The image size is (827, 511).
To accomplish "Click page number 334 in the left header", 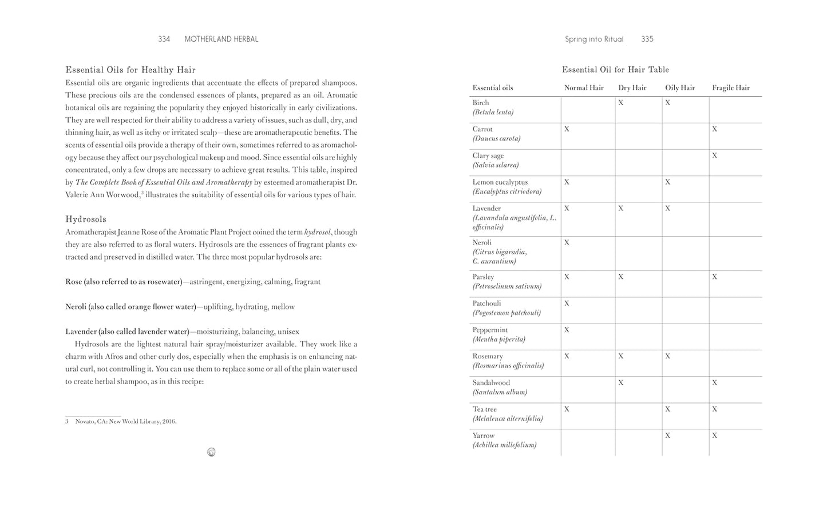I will click(x=164, y=39).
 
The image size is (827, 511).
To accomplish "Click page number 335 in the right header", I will click(x=647, y=39).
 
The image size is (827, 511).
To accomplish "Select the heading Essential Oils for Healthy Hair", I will click(x=130, y=70).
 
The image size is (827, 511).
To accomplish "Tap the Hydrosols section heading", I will click(x=86, y=219).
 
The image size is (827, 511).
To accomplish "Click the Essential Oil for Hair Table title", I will click(x=615, y=70).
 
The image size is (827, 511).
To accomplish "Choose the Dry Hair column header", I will click(x=632, y=88).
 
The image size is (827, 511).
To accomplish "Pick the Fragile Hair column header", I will click(x=731, y=88).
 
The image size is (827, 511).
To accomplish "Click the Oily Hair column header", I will click(x=680, y=88).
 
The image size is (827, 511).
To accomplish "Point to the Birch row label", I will click(x=481, y=103).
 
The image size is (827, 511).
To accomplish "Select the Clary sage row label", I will click(x=488, y=155).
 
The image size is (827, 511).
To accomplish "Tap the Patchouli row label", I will click(x=486, y=304).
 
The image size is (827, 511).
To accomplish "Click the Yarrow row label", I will click(x=484, y=436).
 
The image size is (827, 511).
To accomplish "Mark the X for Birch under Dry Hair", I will click(x=621, y=103).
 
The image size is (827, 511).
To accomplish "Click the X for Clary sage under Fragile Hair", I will click(x=715, y=155).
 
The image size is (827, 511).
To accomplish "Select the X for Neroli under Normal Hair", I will click(x=567, y=243).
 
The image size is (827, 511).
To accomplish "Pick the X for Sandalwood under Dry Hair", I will click(x=621, y=383).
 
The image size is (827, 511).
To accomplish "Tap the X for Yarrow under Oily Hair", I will click(x=668, y=436).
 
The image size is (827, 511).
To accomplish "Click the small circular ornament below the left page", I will click(x=211, y=452).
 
